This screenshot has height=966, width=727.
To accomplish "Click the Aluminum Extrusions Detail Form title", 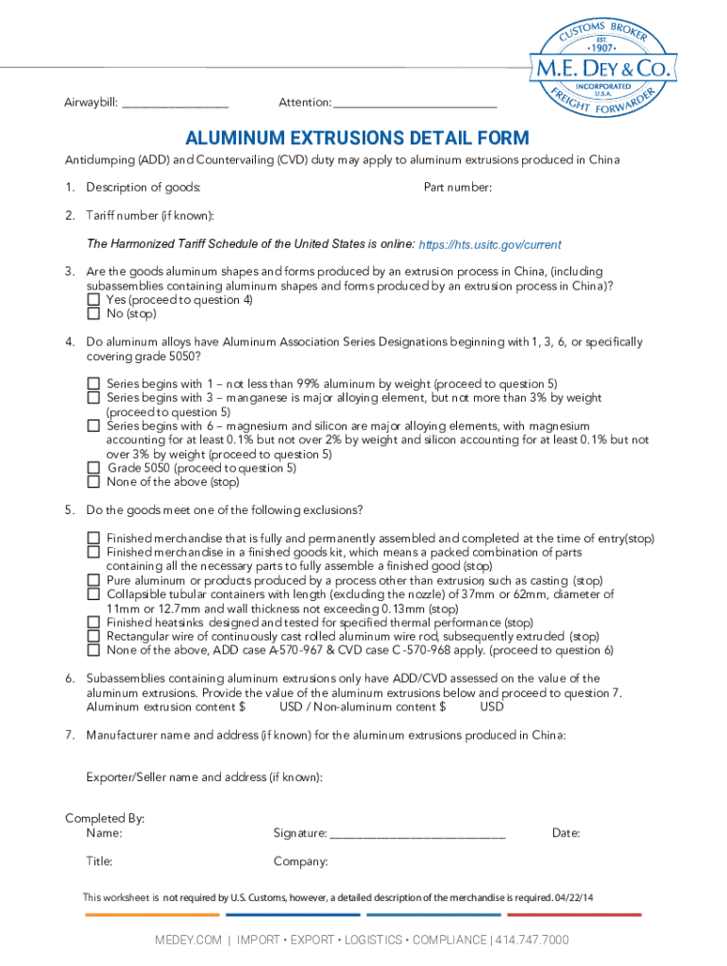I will (x=357, y=138).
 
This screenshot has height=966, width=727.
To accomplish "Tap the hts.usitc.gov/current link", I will (x=490, y=244).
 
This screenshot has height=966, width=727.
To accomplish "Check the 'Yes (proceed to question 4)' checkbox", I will (x=93, y=300).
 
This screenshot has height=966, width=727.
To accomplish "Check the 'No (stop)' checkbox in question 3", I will (x=93, y=314).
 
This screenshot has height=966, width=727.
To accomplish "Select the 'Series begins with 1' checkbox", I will (x=93, y=384).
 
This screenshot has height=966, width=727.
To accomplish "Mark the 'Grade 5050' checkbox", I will (x=93, y=468).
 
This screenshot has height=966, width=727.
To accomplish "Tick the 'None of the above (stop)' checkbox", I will (x=93, y=482).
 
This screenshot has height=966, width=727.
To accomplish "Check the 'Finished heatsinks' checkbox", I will (x=93, y=623).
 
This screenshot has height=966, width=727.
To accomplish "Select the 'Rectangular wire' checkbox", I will (x=93, y=637).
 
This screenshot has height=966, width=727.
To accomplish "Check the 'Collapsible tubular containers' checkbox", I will (x=93, y=594).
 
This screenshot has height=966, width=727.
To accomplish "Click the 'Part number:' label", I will (x=457, y=188).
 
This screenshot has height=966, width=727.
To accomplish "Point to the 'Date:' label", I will (x=566, y=833).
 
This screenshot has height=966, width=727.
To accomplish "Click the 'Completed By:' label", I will (x=104, y=819).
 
